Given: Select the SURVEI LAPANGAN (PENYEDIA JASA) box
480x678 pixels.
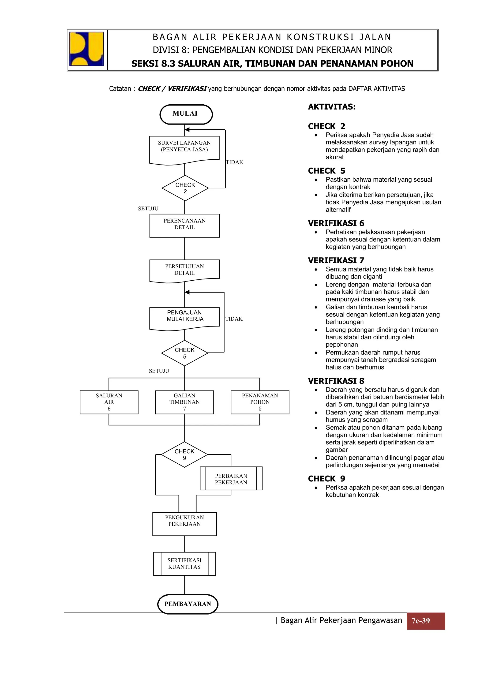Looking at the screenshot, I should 184,149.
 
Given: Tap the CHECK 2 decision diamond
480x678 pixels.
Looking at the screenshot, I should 185,188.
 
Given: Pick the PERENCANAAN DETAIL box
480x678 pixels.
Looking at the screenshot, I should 184,225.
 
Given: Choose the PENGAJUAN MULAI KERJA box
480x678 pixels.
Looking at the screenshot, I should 184,317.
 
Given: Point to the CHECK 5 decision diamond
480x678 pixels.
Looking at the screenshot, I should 184,353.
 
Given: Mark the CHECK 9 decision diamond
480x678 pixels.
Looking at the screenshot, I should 184,454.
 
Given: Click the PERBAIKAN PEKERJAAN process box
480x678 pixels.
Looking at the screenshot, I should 231,479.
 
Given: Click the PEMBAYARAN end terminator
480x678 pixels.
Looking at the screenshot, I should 188,604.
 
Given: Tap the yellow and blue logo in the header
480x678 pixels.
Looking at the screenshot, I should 86,49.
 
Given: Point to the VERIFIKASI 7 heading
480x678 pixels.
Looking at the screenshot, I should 336,260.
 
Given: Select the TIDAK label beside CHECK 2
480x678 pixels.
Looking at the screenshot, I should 235,162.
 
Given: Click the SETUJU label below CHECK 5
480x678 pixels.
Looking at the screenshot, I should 159,371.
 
